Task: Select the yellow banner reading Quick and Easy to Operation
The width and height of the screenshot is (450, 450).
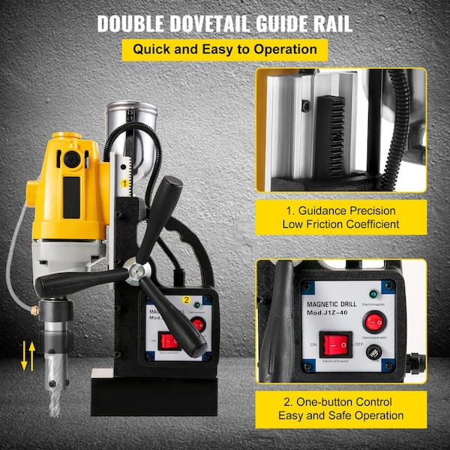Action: click(225, 50)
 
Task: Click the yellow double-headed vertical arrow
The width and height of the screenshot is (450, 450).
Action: click(27, 355)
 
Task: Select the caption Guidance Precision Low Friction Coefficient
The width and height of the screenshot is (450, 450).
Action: click(340, 217)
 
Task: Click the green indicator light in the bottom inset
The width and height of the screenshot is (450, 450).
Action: click(373, 293)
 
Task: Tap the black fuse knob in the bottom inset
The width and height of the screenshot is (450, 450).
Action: click(373, 352)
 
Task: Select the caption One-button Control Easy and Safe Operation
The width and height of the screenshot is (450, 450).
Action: click(340, 409)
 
